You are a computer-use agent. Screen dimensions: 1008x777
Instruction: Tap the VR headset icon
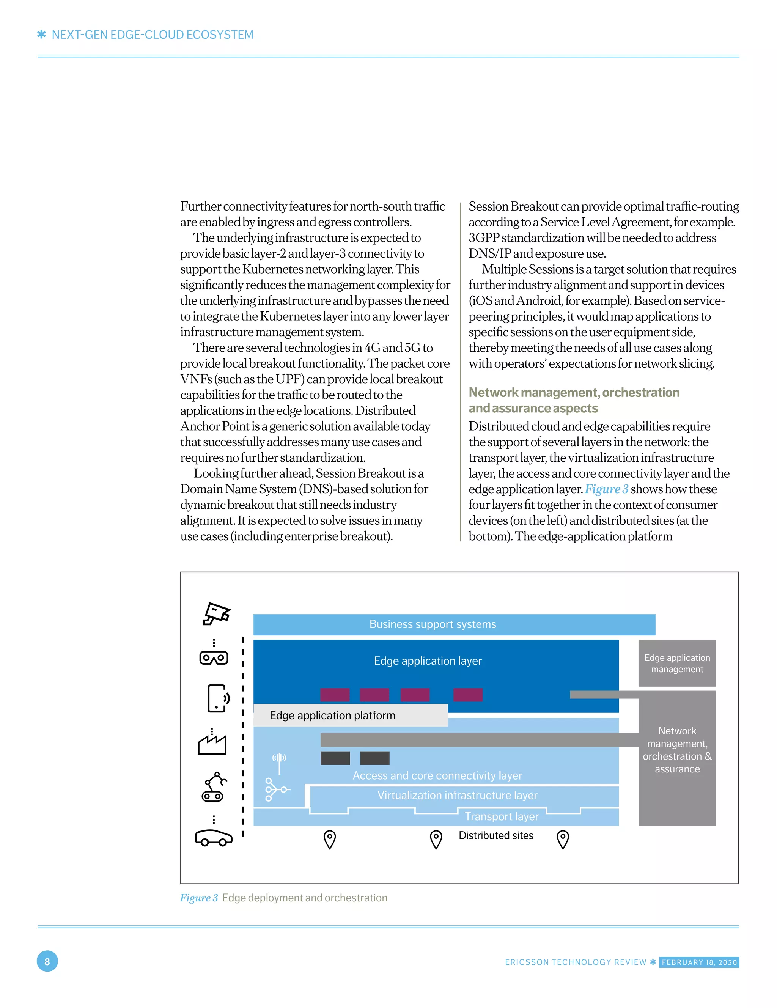214,658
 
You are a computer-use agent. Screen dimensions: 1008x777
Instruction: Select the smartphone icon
218,698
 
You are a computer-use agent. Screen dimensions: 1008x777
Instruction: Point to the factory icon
212,744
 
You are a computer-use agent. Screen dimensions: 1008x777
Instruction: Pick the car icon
213,837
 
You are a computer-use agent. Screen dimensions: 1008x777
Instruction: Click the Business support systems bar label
432,624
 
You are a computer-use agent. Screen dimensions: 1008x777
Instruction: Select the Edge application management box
677,663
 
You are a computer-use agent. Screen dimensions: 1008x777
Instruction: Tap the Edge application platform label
332,716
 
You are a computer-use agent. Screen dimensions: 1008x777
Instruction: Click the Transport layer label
502,816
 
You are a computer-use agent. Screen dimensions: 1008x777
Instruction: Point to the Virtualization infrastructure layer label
457,795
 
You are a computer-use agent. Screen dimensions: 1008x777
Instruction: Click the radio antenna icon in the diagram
279,763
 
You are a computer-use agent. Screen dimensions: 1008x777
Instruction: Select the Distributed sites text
495,835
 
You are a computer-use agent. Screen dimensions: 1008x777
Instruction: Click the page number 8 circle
47,962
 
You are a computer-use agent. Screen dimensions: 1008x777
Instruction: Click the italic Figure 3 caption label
198,898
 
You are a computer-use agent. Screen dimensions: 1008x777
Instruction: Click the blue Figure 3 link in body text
606,489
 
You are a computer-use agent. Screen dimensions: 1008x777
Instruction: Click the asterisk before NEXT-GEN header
42,35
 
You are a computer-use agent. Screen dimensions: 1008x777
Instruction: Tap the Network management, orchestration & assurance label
677,750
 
